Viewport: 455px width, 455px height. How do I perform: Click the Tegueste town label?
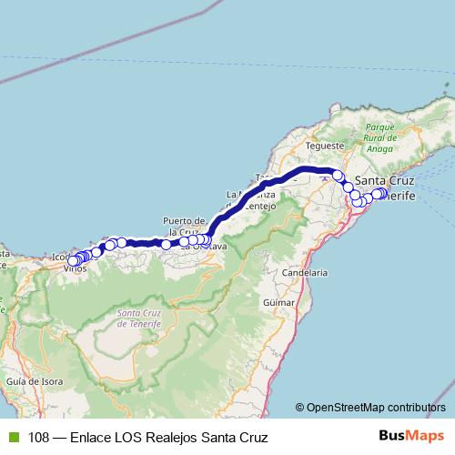click(x=325, y=145)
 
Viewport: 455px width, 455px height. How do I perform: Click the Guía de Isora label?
click(x=27, y=380)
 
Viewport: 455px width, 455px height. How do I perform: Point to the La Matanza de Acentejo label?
click(x=252, y=200)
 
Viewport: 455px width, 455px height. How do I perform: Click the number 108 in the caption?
click(x=39, y=437)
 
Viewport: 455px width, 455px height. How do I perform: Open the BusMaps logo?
click(x=409, y=436)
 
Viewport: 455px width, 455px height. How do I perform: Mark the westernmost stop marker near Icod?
click(x=73, y=261)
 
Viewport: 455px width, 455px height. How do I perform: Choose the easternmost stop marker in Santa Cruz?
click(x=380, y=193)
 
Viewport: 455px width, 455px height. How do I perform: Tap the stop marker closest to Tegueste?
click(x=338, y=176)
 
